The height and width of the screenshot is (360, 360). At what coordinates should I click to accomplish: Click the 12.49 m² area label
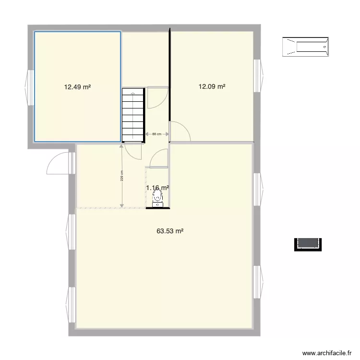[x=77, y=87]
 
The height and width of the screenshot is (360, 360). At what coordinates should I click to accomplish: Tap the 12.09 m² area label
[x=212, y=87]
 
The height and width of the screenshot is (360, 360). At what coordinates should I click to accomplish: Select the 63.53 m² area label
[x=170, y=231]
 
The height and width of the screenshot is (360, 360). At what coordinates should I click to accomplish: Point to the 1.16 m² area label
[x=157, y=188]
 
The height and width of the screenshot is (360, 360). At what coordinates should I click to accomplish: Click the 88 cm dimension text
[x=156, y=134]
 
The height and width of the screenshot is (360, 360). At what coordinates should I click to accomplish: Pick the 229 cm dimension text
[x=122, y=177]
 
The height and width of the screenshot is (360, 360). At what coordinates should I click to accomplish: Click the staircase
[x=133, y=115]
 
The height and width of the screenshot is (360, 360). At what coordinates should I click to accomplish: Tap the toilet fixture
[x=157, y=197]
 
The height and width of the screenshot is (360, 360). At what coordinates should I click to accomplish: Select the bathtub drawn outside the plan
[x=306, y=47]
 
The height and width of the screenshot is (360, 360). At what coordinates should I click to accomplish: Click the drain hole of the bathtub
[x=325, y=47]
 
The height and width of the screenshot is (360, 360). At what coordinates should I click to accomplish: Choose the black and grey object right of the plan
[x=307, y=244]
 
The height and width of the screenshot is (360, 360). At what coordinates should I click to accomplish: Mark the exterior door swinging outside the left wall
[x=59, y=163]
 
